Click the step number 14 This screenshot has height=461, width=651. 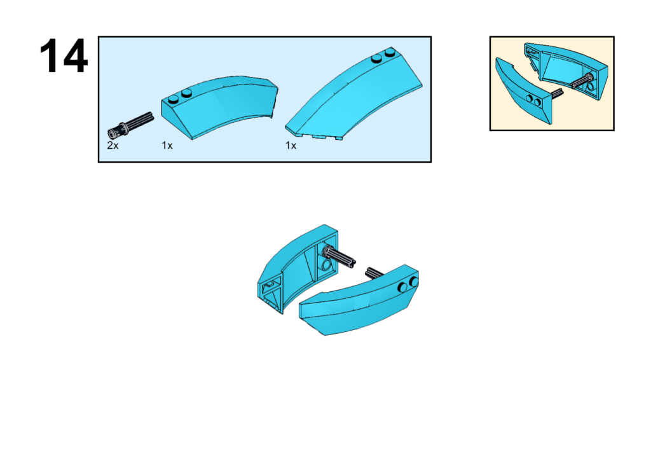pos(64,56)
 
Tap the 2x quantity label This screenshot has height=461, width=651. pos(113,146)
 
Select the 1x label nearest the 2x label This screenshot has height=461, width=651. pos(167,146)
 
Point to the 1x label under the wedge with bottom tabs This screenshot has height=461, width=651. pos(291,146)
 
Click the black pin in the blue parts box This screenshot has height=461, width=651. pos(130,125)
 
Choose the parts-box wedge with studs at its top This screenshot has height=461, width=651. pos(353,94)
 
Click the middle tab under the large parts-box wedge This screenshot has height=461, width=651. pos(319,137)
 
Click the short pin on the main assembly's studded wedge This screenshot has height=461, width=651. pos(374,272)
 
